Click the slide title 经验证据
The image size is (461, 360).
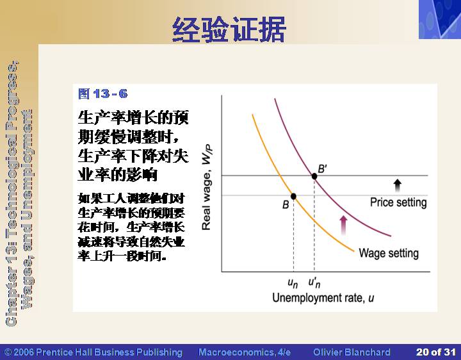(x=229, y=29)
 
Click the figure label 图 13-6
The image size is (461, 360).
(x=103, y=94)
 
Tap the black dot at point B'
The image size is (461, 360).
(x=314, y=176)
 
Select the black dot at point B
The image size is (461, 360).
(x=293, y=196)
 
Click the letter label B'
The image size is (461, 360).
(x=323, y=169)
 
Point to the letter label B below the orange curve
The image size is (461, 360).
(x=286, y=205)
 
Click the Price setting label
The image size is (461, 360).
(x=398, y=202)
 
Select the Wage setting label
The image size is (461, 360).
(x=389, y=253)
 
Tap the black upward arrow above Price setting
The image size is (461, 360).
(x=397, y=185)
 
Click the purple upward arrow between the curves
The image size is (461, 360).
(x=343, y=225)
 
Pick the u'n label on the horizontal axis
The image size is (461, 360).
(x=314, y=282)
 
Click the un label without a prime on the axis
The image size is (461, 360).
(x=293, y=283)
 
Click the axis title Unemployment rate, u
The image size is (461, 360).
(x=323, y=298)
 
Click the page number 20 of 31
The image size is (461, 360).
(x=436, y=352)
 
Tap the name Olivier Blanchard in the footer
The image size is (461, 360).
(x=352, y=352)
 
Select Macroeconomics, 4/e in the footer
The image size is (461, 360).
(x=245, y=352)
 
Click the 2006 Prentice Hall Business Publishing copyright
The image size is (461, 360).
(x=93, y=352)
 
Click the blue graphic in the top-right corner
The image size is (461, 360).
(x=440, y=19)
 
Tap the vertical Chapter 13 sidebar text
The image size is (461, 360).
(x=19, y=193)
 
